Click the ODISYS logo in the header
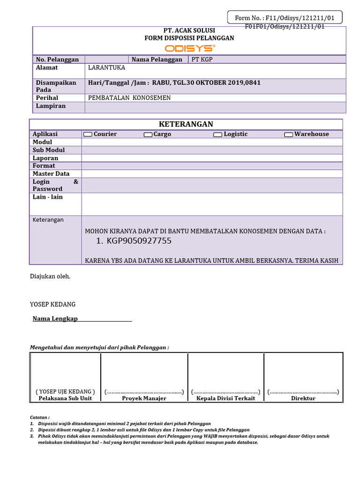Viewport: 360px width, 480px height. [189, 48]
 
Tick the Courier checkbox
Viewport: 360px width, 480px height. [88, 135]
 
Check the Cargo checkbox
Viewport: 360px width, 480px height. [148, 135]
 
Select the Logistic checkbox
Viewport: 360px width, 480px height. [217, 135]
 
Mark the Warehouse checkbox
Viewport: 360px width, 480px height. [288, 135]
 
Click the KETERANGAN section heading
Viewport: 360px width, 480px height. [186, 124]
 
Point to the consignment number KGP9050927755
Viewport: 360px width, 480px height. [139, 241]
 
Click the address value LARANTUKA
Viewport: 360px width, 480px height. [106, 67]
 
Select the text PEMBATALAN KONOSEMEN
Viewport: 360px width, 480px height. [129, 98]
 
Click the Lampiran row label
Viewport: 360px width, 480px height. [51, 106]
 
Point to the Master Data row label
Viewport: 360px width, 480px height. [51, 173]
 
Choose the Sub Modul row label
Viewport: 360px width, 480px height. [49, 150]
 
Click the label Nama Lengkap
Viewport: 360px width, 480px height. [55, 319]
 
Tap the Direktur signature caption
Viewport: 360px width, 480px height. [303, 398]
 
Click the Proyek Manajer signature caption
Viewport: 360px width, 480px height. [144, 398]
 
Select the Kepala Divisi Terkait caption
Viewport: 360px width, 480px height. [225, 398]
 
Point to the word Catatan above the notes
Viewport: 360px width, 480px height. [39, 417]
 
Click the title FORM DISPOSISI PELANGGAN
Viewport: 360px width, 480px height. [189, 37]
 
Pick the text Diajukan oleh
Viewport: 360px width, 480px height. [50, 276]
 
